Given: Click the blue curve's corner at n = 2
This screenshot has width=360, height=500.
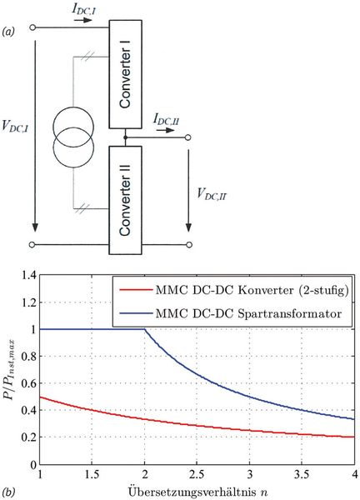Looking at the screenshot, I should click(145, 329).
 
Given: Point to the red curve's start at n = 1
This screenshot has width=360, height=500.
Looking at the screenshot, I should click(41, 397).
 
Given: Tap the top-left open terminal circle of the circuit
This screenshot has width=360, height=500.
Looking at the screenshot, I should click(33, 27).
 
